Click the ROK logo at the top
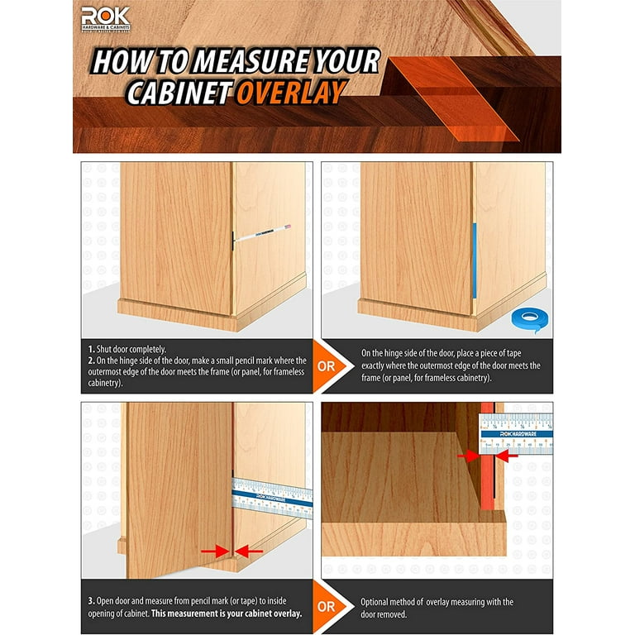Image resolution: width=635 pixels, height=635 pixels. point(106,18)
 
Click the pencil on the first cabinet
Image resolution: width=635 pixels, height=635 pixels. point(264,234)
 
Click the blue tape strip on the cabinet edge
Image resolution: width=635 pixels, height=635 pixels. point(474,260)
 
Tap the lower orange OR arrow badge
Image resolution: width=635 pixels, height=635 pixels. point(326,606)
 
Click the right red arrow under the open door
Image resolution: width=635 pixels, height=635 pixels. point(249,550)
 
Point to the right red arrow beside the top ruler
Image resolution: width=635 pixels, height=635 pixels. point(505,455)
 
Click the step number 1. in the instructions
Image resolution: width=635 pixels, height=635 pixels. point(91,349)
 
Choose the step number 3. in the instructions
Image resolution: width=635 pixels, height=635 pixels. point(91,600)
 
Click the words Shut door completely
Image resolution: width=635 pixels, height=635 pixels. point(131,349)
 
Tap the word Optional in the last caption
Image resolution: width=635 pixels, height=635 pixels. point(378,602)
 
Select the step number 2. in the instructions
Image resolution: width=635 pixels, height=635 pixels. point(91,360)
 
